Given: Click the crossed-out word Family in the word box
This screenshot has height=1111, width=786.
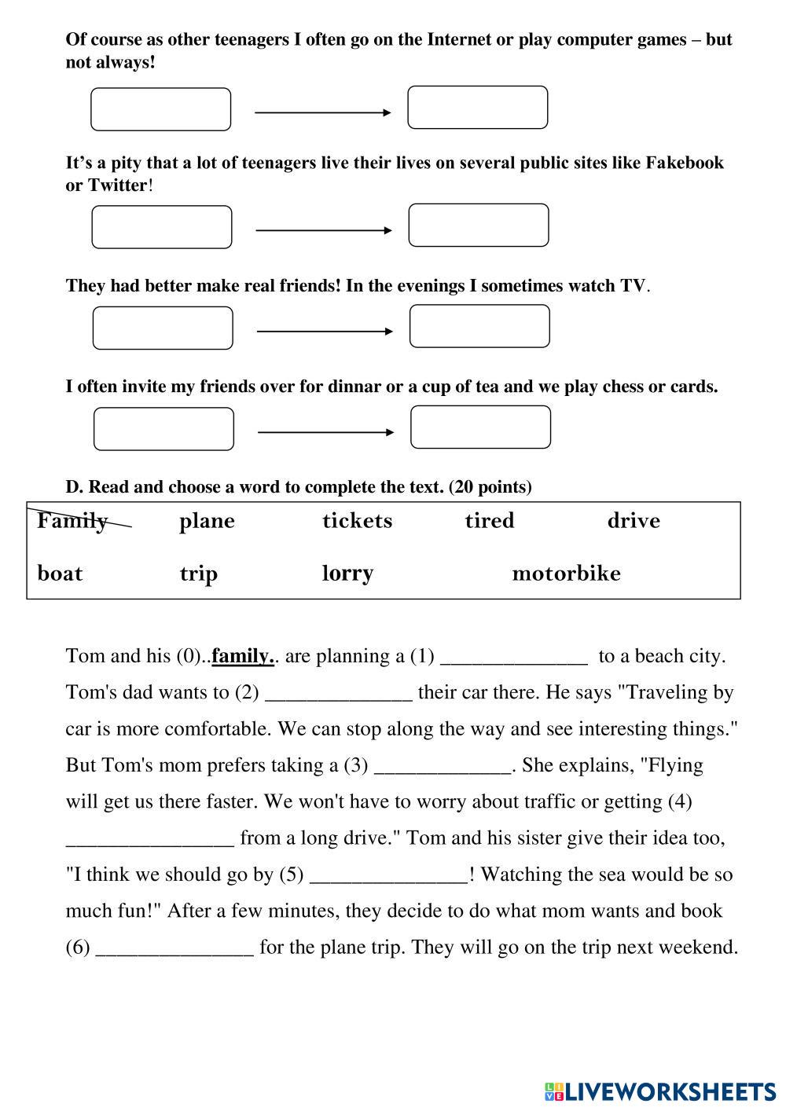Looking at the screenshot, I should pos(73,520).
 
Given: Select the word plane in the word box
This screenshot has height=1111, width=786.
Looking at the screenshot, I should pos(207,521).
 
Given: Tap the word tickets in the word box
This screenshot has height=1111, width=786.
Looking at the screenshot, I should pos(357,520).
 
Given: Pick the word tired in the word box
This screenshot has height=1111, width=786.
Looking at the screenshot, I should pos(489,520).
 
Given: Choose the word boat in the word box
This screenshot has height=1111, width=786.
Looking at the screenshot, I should pos(60,573).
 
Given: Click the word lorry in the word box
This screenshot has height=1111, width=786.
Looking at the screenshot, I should pos(347,573).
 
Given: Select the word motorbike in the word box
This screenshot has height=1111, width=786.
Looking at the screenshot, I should pos(566,573).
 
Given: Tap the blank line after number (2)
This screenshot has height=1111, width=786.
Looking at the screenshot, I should pos(339,694).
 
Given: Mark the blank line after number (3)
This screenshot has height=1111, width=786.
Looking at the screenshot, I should pos(443,767).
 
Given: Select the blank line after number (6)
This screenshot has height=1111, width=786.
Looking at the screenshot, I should pos(174,948).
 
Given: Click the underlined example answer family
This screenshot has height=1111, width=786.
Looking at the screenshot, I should pos(243,656).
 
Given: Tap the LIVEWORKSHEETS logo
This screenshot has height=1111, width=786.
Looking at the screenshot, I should pos(660,1091).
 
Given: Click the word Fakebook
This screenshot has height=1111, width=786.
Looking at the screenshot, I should pos(684,163).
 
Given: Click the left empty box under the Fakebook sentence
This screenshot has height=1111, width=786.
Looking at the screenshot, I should pos(162,227).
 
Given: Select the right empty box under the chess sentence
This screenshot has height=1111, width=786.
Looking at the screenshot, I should pos(480,427).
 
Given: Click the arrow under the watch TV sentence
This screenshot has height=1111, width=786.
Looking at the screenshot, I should pos(325,332).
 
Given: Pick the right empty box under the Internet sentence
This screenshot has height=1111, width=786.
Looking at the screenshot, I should pos(477,108).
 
